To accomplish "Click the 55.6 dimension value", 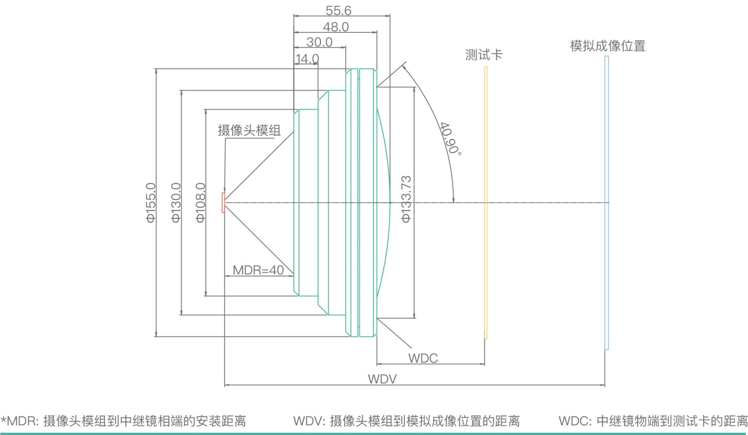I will (x=338, y=11).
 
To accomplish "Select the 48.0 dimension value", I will (x=335, y=27).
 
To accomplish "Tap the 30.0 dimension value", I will (x=319, y=42).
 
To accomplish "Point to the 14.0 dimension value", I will (x=307, y=59).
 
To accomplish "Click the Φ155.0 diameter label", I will (x=151, y=203).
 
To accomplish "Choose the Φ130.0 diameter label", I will (x=176, y=203).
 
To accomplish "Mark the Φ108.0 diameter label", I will (x=201, y=203).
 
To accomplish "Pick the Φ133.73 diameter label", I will (x=406, y=199).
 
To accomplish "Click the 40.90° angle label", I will (x=450, y=138).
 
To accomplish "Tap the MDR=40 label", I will (x=258, y=270).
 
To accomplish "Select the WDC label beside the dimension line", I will (x=423, y=358).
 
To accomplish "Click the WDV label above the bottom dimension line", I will (x=382, y=379).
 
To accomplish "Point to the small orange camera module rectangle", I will (x=223, y=203).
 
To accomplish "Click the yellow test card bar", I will (x=486, y=203).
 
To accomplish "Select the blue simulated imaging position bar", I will (x=606, y=203).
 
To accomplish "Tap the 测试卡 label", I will (x=484, y=55).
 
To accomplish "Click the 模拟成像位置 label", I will (x=607, y=46).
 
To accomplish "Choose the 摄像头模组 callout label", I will (x=249, y=131).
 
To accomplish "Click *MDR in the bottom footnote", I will (x=19, y=421).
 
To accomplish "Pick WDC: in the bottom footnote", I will (x=575, y=421).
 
